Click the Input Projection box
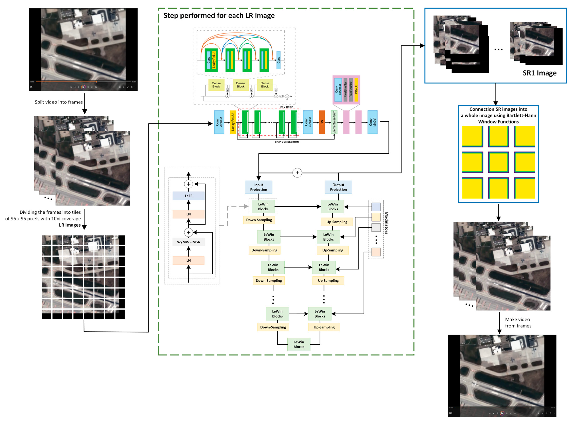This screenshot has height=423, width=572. (x=258, y=187)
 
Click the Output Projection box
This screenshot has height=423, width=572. (x=338, y=187)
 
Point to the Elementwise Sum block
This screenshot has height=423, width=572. (x=334, y=122)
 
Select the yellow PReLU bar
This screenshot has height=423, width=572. (x=356, y=90)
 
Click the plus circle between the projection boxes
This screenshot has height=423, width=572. (x=297, y=173)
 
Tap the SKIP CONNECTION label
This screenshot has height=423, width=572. (x=287, y=142)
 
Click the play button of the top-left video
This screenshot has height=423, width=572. (x=83, y=87)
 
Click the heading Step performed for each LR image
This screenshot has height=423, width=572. (x=219, y=16)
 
